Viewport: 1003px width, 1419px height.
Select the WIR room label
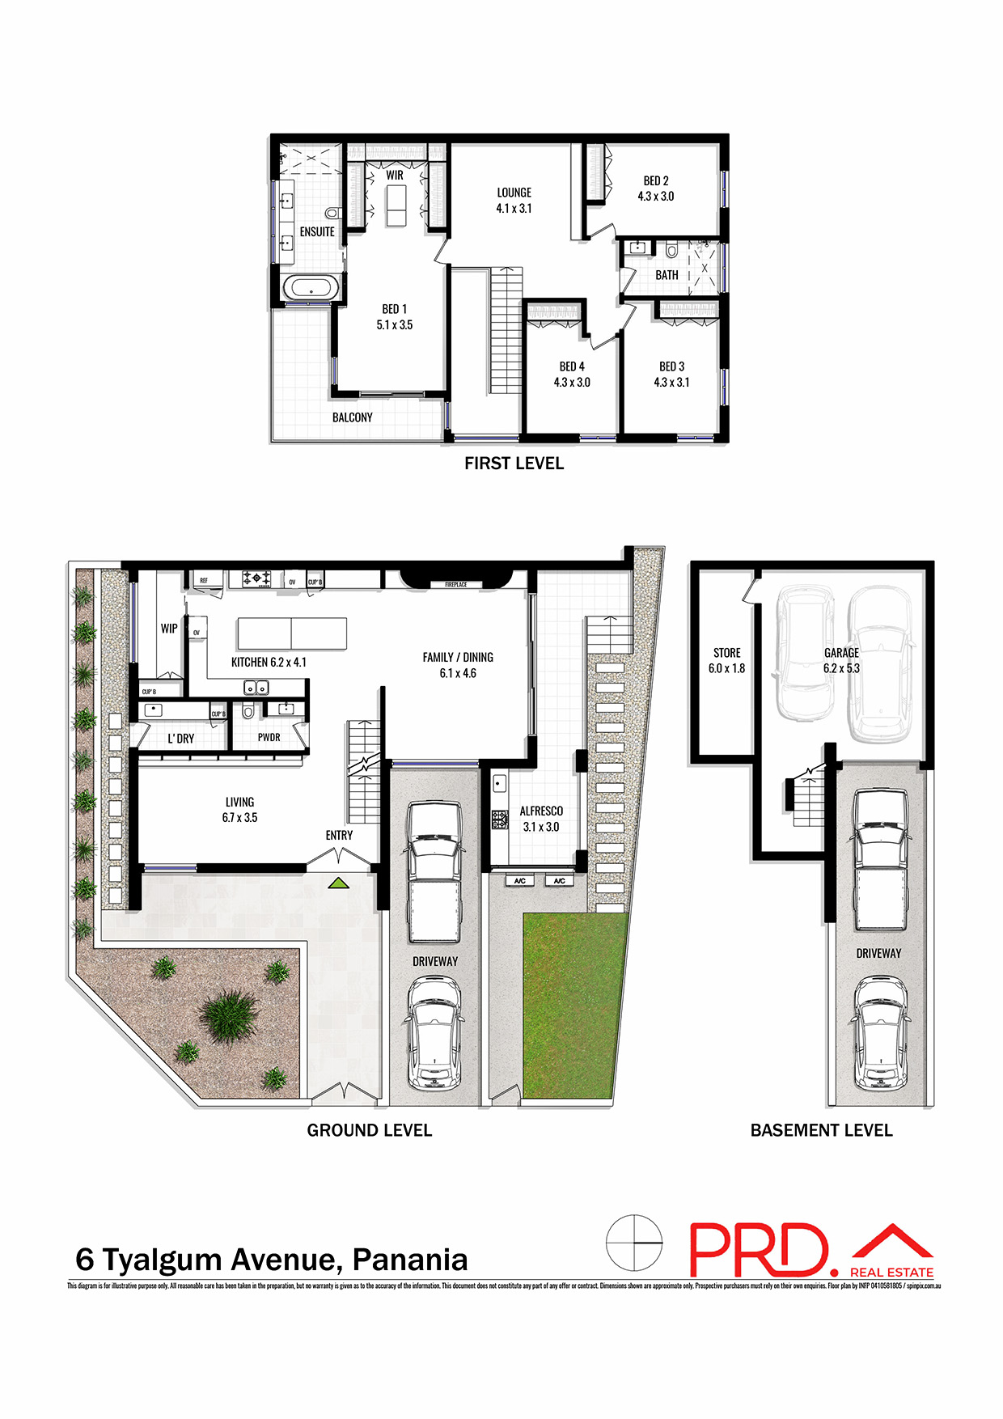[395, 175]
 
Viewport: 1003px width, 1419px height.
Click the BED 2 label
[656, 180]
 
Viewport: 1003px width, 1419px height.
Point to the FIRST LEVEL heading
[514, 464]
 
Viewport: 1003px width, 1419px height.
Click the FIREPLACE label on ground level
[455, 584]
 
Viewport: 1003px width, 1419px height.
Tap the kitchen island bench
[292, 633]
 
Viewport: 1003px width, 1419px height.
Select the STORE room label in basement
[726, 653]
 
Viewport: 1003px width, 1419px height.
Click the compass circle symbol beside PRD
[634, 1242]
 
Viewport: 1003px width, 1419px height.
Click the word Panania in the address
[410, 1260]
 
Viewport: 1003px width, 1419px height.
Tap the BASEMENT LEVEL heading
[821, 1130]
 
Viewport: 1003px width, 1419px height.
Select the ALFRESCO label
[541, 811]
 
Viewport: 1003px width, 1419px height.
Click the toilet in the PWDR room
[248, 711]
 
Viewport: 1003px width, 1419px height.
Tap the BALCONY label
[353, 417]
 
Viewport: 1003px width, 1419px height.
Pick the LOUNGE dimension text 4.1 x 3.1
[514, 208]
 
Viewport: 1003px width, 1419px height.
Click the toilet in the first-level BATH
[671, 250]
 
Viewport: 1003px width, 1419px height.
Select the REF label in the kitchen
[204, 580]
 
